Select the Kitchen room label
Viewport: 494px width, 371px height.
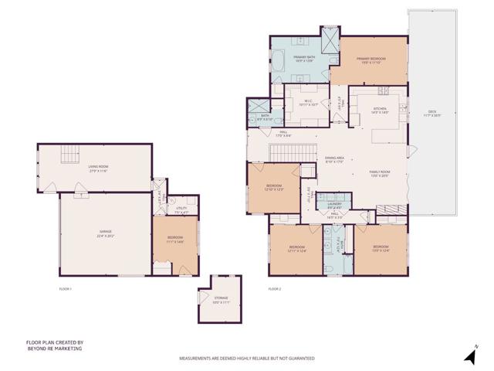point(381,111)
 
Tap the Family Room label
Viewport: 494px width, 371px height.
point(379,173)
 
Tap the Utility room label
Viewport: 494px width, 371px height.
point(181,209)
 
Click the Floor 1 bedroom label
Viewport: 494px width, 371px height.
point(175,240)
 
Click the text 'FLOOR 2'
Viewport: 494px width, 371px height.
point(275,288)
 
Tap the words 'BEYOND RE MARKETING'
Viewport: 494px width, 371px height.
point(54,349)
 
